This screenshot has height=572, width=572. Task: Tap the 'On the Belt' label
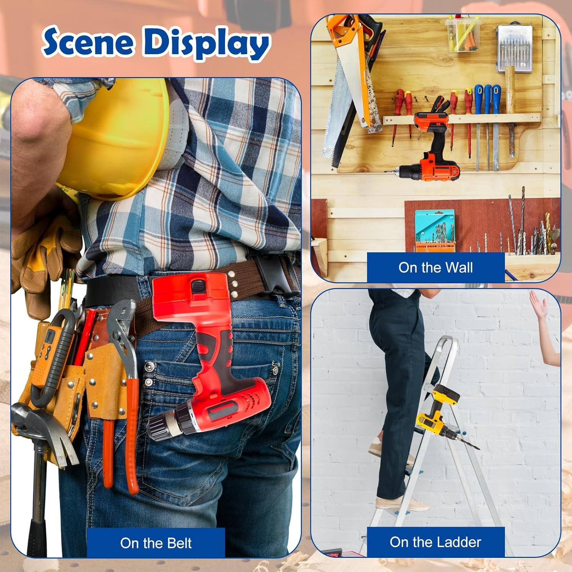click(156, 543)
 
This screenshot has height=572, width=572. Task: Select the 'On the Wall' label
click(435, 267)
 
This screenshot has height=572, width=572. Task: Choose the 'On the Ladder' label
click(435, 542)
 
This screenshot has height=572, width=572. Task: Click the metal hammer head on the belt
click(42, 423)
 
